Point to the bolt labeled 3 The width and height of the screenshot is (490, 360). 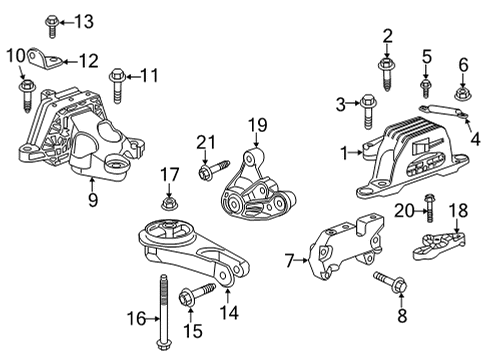367,102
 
